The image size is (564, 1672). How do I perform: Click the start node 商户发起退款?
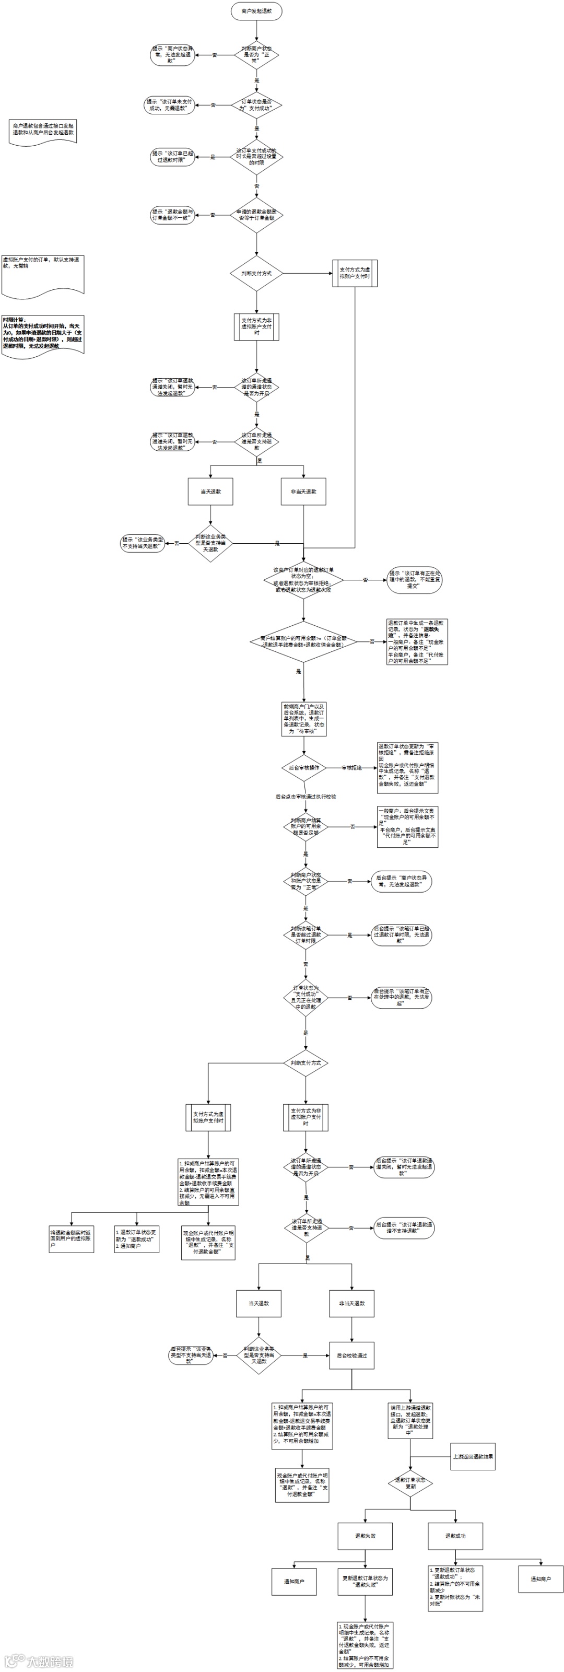pos(256,11)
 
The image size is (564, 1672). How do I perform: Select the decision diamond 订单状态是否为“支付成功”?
pos(256,104)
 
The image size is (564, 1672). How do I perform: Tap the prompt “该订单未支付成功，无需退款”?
pos(169,104)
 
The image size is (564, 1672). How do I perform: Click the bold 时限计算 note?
pos(43,333)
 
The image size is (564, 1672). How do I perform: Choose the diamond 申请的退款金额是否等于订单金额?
pos(256,215)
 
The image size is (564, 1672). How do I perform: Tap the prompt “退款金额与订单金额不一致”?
pos(173,215)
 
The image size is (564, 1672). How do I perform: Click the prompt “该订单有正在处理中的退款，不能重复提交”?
pos(414,580)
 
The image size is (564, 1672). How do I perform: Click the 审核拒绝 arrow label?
pos(352,768)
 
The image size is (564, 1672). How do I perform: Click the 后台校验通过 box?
pos(352,1355)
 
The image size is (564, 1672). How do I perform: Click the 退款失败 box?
pos(365,1536)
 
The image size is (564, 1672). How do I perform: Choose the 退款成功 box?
pos(455,1536)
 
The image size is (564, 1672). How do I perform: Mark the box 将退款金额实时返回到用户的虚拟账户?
pos(72,1238)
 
